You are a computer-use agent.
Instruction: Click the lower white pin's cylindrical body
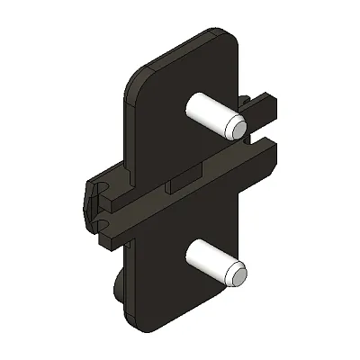[209, 262]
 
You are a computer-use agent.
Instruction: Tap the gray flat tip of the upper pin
[237, 128]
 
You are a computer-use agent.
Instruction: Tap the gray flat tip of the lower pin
[237, 274]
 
